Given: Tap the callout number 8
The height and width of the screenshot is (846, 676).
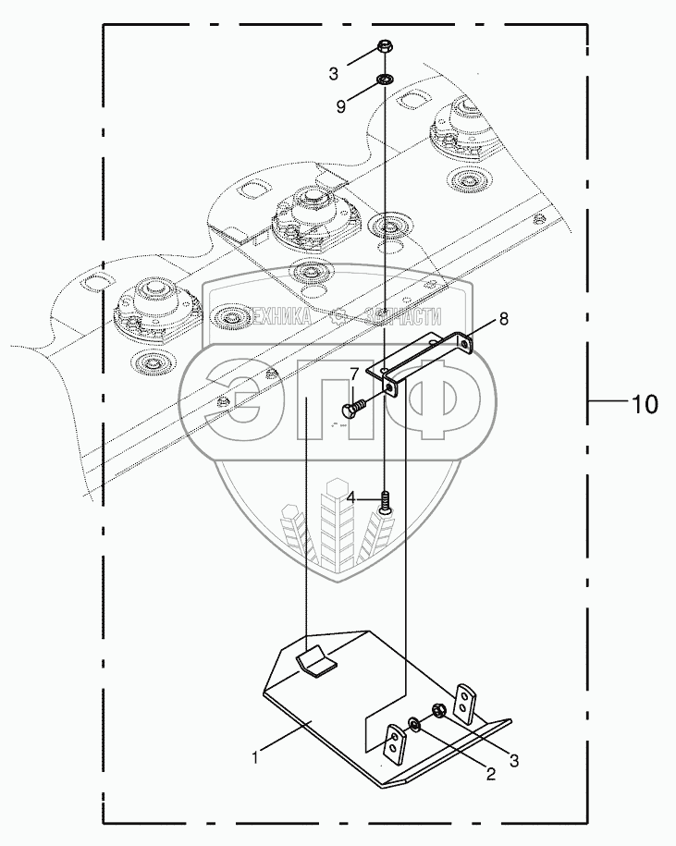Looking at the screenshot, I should coord(504,319).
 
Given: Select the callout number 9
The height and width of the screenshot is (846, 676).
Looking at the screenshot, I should coord(340,105).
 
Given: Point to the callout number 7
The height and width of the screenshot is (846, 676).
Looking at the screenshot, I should coord(354,374).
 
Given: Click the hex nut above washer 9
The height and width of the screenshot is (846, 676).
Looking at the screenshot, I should coord(384,47).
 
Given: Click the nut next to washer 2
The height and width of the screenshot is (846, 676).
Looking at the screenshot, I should coord(437,710).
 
